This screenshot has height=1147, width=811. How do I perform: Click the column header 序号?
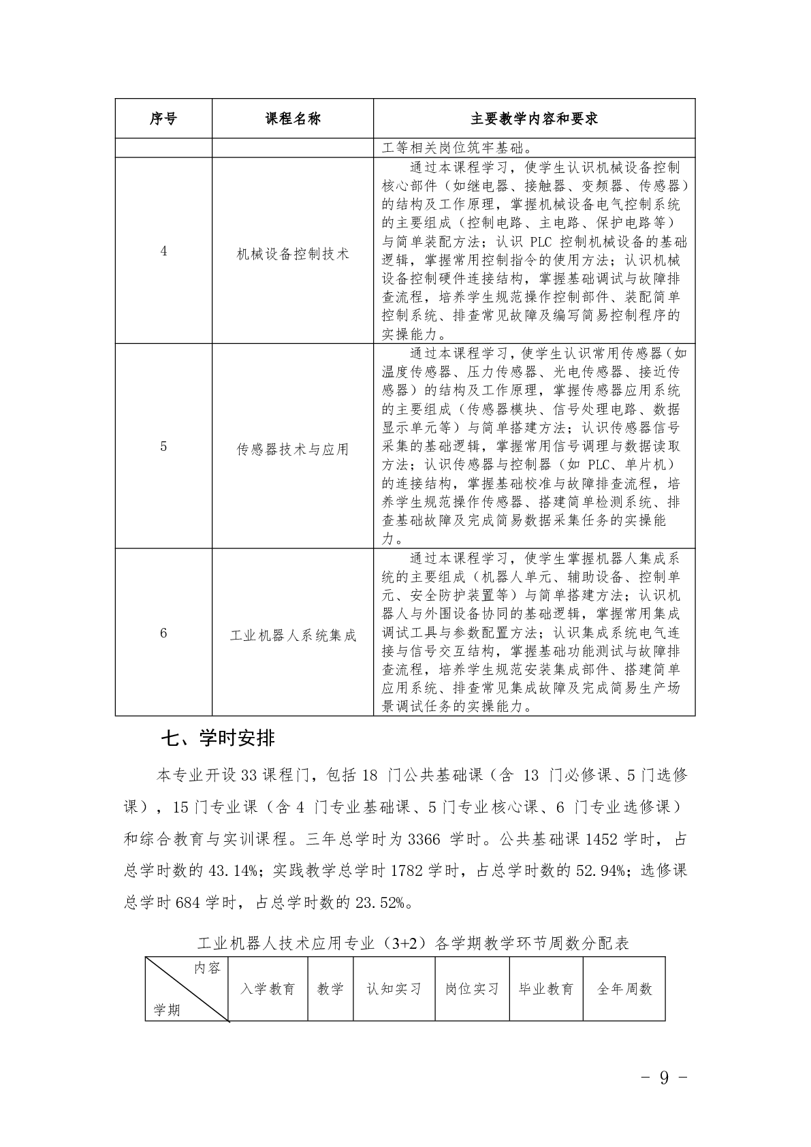163,119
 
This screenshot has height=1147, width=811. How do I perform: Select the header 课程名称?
293,119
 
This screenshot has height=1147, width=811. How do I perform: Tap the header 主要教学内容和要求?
534,119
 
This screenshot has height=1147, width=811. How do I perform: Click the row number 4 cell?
163,251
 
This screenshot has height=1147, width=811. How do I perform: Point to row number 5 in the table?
163,447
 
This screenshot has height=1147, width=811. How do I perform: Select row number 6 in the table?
163,633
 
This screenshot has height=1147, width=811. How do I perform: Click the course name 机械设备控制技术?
293,254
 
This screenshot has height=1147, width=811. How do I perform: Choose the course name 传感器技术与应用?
293,450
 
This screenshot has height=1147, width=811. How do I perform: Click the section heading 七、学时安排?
218,738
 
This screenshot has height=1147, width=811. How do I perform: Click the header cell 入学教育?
268,989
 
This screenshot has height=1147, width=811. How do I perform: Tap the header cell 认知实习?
394,989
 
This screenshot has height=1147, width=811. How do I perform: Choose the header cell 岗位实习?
472,989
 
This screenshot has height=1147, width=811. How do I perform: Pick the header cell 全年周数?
624,989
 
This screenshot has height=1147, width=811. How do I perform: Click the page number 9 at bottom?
664,1077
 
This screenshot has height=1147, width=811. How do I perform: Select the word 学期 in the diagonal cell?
167,1009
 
